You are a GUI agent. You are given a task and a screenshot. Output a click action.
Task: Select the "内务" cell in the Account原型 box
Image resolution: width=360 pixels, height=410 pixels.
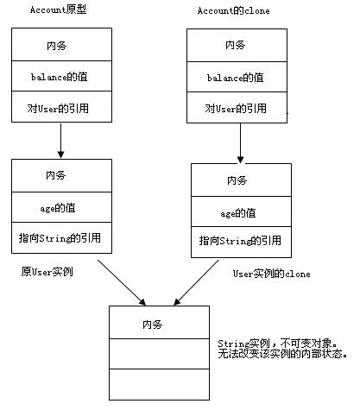(x=61, y=45)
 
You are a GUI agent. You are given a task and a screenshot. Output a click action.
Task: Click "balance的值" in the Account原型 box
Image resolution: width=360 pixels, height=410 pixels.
(x=61, y=77)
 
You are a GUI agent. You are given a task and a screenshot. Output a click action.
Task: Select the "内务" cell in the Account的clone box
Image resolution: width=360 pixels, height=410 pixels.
(x=235, y=45)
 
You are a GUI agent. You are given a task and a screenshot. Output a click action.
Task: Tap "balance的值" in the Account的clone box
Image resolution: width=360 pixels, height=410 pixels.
(x=235, y=77)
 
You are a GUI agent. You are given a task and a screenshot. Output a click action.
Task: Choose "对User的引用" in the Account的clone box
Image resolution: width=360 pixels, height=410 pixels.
(x=235, y=109)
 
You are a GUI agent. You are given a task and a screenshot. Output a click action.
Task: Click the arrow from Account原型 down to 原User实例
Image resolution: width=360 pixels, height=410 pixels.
(x=61, y=141)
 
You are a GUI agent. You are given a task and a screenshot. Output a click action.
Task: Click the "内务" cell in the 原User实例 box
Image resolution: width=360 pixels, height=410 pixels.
(x=61, y=175)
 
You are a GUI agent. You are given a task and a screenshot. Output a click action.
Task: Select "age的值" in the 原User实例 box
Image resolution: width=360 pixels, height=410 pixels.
(x=61, y=206)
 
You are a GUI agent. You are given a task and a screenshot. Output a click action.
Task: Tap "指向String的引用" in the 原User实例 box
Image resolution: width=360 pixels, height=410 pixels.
(x=61, y=237)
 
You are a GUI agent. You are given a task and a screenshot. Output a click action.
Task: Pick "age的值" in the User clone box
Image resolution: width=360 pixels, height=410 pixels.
(x=238, y=212)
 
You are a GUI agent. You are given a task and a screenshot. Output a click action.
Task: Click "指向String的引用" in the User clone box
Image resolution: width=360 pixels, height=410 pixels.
(x=238, y=242)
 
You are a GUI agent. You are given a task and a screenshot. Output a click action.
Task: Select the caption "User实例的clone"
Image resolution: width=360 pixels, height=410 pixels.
(x=271, y=274)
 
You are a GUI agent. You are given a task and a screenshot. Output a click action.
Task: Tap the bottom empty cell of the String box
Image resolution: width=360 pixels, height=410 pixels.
(x=158, y=385)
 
